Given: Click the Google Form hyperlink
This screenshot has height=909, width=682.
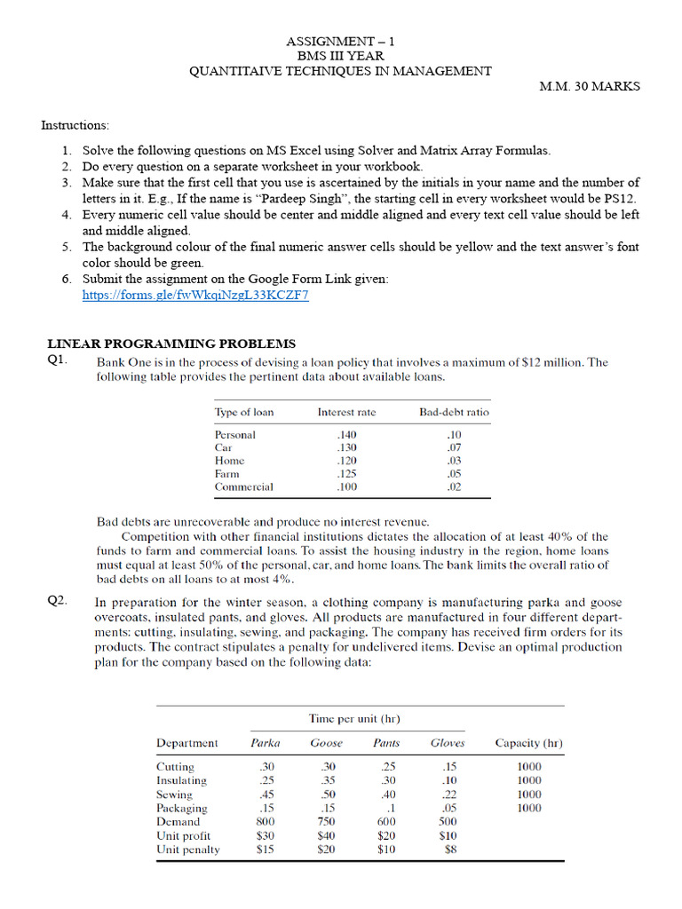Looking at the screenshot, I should pos(195,296).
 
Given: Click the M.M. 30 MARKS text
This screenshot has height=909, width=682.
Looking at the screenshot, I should pos(590,87).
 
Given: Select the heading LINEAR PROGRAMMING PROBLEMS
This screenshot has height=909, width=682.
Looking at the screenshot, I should pos(171,344).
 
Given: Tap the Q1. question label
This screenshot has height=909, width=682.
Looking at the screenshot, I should pos(59,360).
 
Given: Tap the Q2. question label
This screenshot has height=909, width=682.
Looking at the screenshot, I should pos(59,601).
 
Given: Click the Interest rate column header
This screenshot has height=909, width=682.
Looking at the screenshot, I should pos(347,412).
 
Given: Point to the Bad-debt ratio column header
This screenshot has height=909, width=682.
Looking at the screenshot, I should pos(455,412).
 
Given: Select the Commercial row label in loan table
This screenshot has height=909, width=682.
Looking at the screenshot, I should pos(244,486).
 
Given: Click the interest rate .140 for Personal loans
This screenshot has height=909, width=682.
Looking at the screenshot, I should pos(347,435).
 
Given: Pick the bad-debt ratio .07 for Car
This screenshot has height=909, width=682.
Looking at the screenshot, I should pos(455,447).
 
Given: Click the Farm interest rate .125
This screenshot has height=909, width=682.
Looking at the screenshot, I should pos(347,474).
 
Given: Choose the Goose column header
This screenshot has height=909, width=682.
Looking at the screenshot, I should pos(326,743).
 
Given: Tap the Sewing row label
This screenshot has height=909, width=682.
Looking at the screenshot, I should pos(174,794).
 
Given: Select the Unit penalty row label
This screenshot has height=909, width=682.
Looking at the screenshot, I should pos(188,850).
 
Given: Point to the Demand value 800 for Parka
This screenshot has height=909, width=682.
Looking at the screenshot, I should pos(265,822).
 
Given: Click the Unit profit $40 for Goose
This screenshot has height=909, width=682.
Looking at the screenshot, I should pos(327,835).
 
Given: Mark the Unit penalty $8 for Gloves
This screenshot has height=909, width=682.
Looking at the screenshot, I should pos(449,850).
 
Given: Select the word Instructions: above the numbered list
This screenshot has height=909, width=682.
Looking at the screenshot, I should pos(75,125).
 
